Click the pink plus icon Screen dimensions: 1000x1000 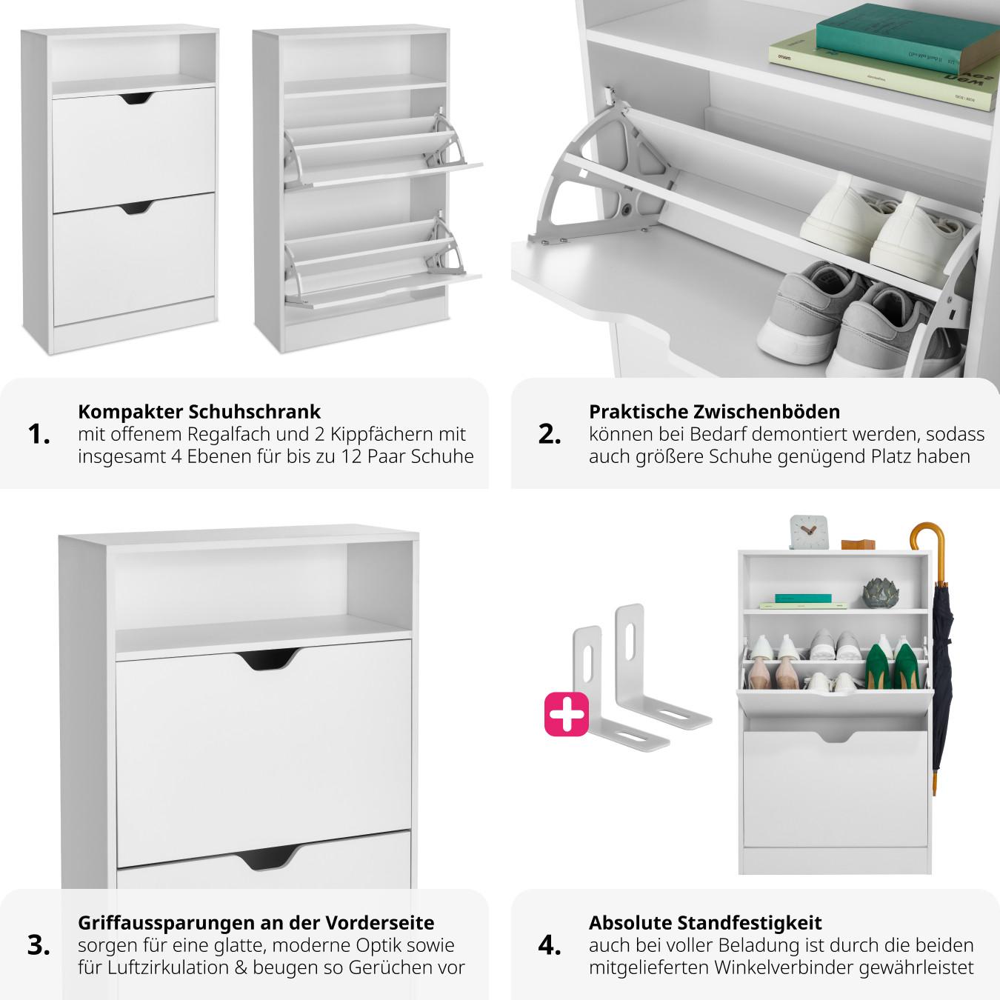tap(567, 714)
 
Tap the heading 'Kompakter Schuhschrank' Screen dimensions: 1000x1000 tap(199, 411)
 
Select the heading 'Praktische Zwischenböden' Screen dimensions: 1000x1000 tap(714, 411)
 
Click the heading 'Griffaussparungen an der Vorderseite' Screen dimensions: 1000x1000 tap(256, 922)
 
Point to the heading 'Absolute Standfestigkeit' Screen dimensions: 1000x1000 tap(705, 922)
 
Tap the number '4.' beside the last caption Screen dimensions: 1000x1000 tap(550, 945)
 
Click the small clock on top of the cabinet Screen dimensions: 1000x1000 tap(804, 532)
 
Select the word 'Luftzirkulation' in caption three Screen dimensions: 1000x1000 tap(177, 967)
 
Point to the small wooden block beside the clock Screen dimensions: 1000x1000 tap(858, 543)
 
